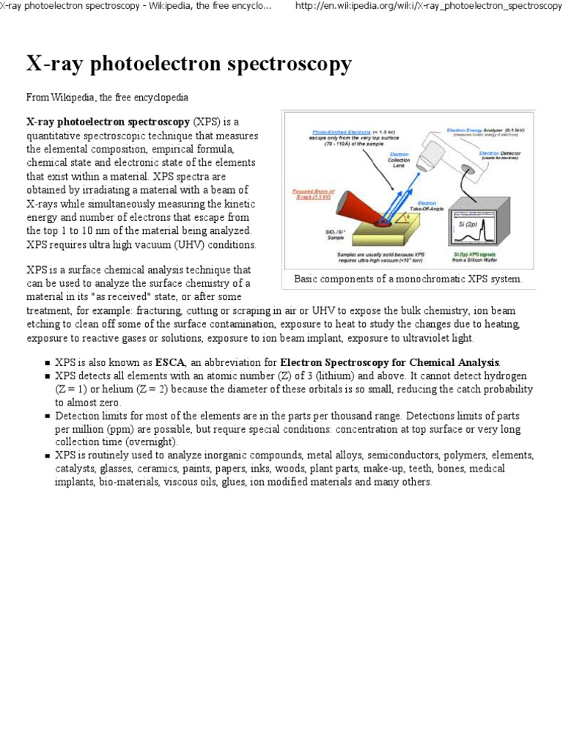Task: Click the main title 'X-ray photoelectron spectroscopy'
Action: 189,64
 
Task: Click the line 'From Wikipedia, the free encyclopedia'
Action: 108,98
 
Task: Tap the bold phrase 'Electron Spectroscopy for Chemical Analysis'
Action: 389,362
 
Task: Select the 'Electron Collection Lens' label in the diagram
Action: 400,161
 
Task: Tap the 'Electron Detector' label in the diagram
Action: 503,155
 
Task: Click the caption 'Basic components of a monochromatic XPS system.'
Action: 408,279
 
